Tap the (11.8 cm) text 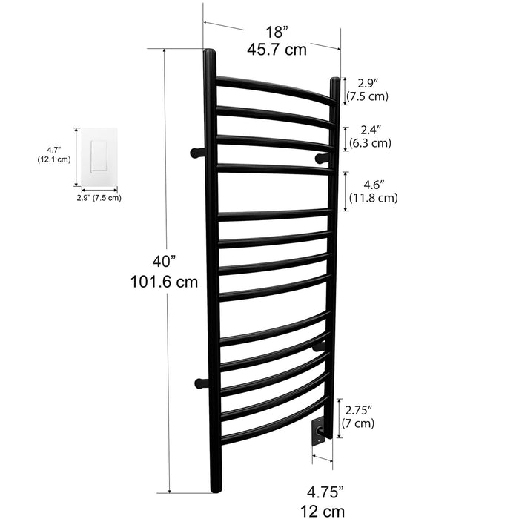coord(373,198)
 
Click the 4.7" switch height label coord(49,149)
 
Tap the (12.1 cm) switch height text coord(53,159)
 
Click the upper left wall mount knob coord(196,153)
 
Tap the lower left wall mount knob coord(199,383)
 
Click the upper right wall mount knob coord(321,158)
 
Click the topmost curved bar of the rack coord(274,89)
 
